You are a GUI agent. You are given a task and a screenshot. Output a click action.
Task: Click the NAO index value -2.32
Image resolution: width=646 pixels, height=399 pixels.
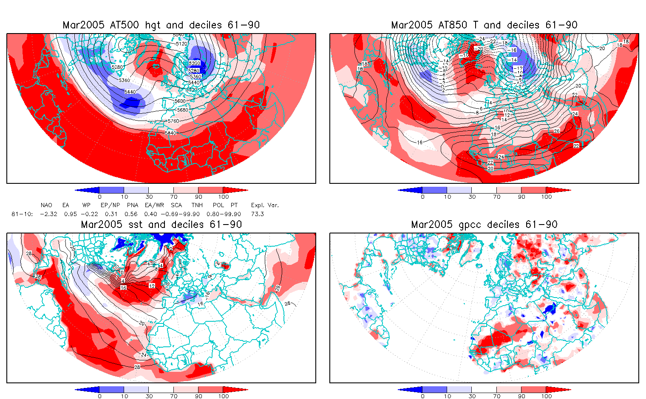click(48, 214)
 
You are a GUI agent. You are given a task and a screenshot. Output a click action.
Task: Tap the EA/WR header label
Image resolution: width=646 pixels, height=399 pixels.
click(151, 205)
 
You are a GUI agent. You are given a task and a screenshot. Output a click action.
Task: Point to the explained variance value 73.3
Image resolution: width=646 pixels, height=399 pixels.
click(257, 214)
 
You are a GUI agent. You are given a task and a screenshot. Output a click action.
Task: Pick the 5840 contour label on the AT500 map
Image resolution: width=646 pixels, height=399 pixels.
click(170, 133)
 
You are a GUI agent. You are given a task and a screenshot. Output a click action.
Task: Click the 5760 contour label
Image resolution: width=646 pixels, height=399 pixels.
click(173, 121)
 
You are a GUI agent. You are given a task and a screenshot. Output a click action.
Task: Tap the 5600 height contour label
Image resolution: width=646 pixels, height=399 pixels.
click(180, 101)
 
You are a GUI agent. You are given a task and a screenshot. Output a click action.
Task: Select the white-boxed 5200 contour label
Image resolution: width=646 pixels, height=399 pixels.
click(194, 63)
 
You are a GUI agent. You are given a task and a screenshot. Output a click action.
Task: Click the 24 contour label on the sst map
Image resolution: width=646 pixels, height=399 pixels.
click(144, 355)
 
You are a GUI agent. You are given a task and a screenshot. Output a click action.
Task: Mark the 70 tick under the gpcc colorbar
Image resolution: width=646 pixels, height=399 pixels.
click(497, 396)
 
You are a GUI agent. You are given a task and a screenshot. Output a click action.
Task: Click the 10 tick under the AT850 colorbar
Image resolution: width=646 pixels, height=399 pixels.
click(447, 197)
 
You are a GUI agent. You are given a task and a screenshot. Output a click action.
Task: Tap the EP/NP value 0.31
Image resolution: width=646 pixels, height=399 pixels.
click(111, 214)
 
